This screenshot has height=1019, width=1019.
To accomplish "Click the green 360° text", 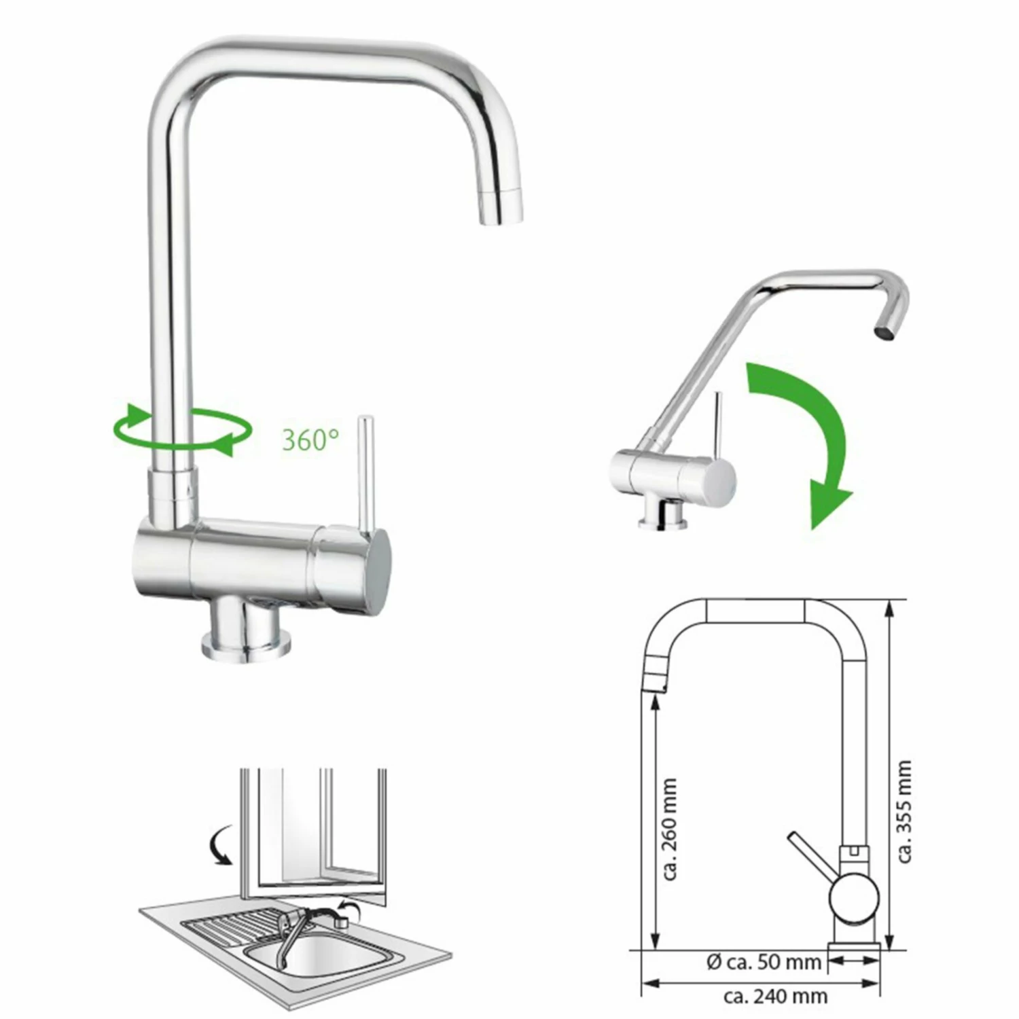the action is click(x=310, y=440).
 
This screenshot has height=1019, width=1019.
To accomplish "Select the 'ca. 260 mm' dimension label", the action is click(x=670, y=829).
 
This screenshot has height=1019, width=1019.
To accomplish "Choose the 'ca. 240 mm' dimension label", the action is click(x=775, y=997).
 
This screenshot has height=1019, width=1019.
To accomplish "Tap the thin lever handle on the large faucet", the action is click(x=365, y=471).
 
